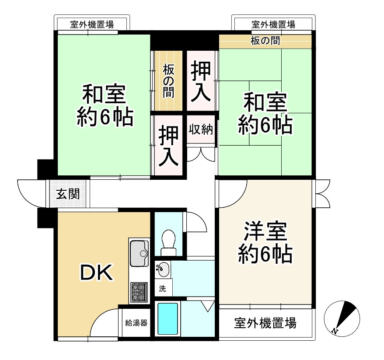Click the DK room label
tap(96, 273)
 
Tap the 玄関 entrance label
tap(68, 194)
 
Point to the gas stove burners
tap(139, 292)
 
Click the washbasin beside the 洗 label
tap(162, 269)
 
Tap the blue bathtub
tap(168, 320)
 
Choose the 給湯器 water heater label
tap(136, 323)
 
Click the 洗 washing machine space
tap(162, 288)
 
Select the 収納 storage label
tap(201, 129)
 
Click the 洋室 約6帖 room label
tap(265, 243)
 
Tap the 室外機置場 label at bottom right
tap(265, 323)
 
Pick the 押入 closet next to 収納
tap(168, 146)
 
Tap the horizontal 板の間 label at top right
tap(265, 42)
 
